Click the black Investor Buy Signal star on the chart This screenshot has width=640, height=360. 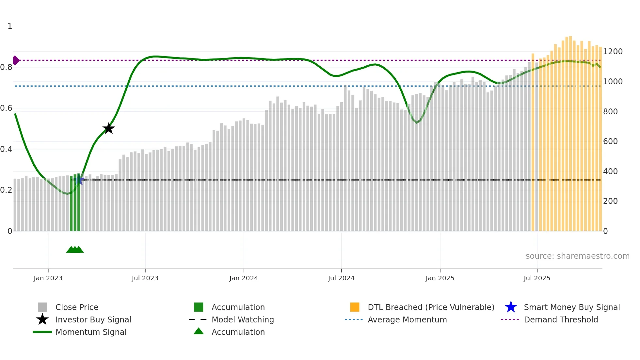pos(108,128)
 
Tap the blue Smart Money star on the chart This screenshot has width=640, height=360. pos(79,180)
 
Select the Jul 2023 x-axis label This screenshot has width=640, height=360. pos(145,278)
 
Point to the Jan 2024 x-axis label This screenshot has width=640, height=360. pos(244,278)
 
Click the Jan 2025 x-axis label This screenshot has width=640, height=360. pos(440,278)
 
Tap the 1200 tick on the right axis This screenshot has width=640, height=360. pos(613,52)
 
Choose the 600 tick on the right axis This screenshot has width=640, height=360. pos(610,141)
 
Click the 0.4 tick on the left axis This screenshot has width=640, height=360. pos(6,149)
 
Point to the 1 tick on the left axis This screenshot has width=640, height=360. pos(10,26)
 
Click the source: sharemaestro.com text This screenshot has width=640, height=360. pos(577,256)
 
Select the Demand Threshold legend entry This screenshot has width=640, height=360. pos(561,319)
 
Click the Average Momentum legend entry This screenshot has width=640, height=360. pos(407,319)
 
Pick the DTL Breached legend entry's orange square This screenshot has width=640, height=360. pos(355,307)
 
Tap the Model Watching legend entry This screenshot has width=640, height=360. pos(242,319)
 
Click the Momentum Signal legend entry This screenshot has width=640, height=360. pos(91,332)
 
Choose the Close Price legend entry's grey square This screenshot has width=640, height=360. pos(42,307)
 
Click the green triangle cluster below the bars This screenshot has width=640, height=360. pos(75,250)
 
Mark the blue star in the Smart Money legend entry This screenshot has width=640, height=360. pos(511,307)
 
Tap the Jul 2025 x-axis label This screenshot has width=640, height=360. pos(537,278)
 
